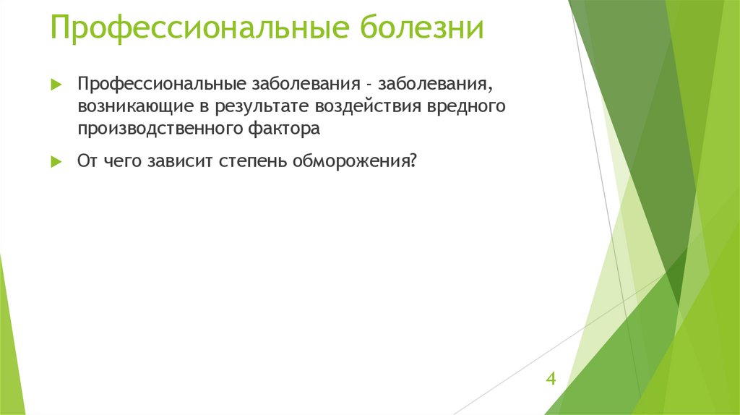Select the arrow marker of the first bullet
(x=56, y=85)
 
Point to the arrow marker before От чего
(x=56, y=162)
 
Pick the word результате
(x=259, y=107)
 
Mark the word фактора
(x=283, y=130)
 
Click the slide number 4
(x=551, y=380)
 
